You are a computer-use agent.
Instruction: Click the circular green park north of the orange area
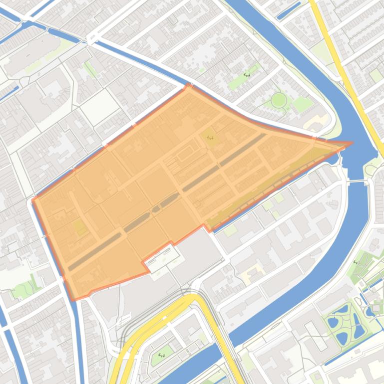click(x=279, y=100)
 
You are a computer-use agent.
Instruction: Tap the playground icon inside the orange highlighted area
click(x=209, y=137)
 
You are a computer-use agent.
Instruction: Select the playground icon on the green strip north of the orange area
click(x=246, y=74)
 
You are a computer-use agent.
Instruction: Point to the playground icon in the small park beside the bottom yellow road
click(x=161, y=355)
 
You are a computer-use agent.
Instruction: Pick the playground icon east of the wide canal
click(x=356, y=261)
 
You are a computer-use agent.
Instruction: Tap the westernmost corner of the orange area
click(x=33, y=200)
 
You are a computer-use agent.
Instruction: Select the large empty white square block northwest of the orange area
click(x=100, y=106)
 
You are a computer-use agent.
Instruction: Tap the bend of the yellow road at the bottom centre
click(x=192, y=298)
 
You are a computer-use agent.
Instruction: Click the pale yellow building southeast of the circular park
click(x=318, y=122)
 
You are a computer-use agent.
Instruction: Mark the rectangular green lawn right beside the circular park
click(x=302, y=104)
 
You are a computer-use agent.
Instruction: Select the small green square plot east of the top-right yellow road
click(x=376, y=75)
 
